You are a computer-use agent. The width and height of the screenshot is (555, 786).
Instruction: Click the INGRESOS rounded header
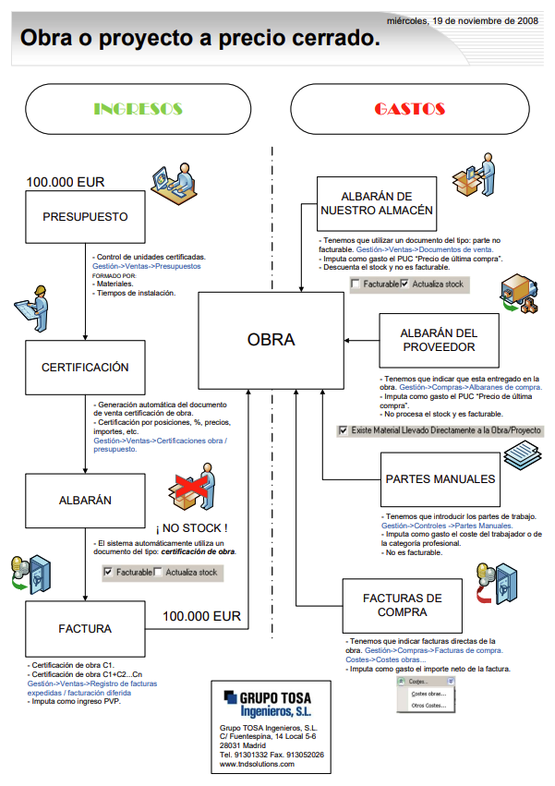(139, 109)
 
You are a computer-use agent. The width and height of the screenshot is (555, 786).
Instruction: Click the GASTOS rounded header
(409, 109)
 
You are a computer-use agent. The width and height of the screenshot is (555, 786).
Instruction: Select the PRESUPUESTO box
(85, 218)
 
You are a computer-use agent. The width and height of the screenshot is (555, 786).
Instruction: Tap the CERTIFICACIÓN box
(85, 367)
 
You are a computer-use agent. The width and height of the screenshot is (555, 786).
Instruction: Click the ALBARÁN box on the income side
(85, 500)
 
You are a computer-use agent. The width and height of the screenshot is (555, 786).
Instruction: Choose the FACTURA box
(85, 629)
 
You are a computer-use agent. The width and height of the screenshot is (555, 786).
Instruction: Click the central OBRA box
(271, 340)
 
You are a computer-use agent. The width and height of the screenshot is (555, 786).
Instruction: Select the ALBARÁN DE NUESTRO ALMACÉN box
(376, 204)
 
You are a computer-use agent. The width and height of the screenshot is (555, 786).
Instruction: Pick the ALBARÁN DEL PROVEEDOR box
(439, 340)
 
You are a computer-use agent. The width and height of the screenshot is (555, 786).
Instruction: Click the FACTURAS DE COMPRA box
(402, 605)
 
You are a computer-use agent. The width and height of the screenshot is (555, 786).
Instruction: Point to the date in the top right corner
(463, 18)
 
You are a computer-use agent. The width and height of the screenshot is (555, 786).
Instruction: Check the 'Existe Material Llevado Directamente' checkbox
(344, 430)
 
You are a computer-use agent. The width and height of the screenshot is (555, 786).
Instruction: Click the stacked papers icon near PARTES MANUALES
(524, 459)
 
